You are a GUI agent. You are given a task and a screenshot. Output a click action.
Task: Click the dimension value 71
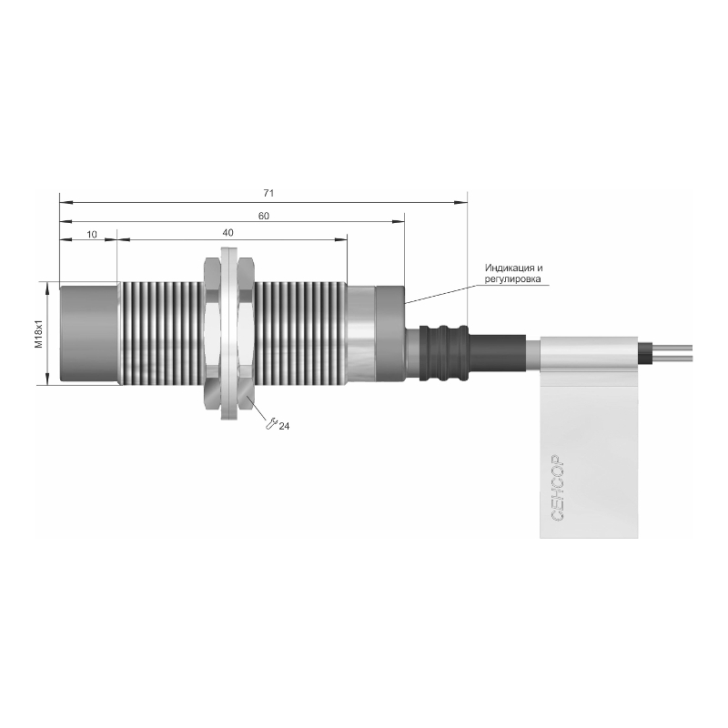coord(268,193)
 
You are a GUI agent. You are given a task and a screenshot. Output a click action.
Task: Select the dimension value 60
coord(263,216)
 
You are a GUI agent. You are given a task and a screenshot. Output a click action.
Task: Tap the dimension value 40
coord(227,233)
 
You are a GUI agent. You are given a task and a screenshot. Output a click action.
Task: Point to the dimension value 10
coord(92,235)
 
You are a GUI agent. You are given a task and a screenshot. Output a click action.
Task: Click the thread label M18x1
coord(39,334)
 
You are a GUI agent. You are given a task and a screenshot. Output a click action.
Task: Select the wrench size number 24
coord(284,426)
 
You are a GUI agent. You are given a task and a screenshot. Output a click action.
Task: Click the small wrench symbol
coord(271,423)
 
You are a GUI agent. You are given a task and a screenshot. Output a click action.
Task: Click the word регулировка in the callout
coord(513,279)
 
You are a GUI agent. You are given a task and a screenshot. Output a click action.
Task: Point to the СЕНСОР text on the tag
coord(558,488)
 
